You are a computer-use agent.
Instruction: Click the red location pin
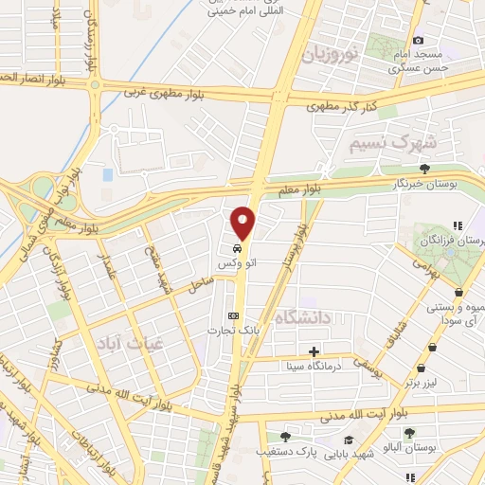[x=244, y=222]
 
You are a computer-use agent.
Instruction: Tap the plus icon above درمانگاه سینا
[x=314, y=350]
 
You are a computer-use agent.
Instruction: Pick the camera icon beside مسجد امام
[x=391, y=40]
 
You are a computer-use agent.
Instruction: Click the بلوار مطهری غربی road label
[x=171, y=92]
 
